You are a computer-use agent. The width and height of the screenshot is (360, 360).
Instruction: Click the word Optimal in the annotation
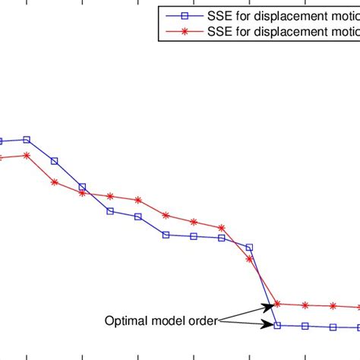coord(123,321)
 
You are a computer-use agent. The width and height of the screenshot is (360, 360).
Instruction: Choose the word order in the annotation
coord(201,321)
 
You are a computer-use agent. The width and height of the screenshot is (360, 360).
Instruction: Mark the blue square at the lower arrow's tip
coord(277,325)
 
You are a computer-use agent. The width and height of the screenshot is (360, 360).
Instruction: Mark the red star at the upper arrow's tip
coord(277,304)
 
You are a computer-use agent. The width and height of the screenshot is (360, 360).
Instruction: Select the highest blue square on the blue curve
coord(27,140)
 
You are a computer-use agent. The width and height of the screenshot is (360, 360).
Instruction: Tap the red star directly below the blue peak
coord(27,155)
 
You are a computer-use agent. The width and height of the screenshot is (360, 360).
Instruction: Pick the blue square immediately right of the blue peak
coord(55,161)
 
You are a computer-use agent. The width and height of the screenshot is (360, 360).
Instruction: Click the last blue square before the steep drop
coord(249,247)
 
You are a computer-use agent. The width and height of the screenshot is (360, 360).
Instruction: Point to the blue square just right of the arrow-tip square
coord(305,326)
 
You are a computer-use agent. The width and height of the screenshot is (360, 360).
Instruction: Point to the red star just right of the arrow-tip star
coord(305,305)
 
